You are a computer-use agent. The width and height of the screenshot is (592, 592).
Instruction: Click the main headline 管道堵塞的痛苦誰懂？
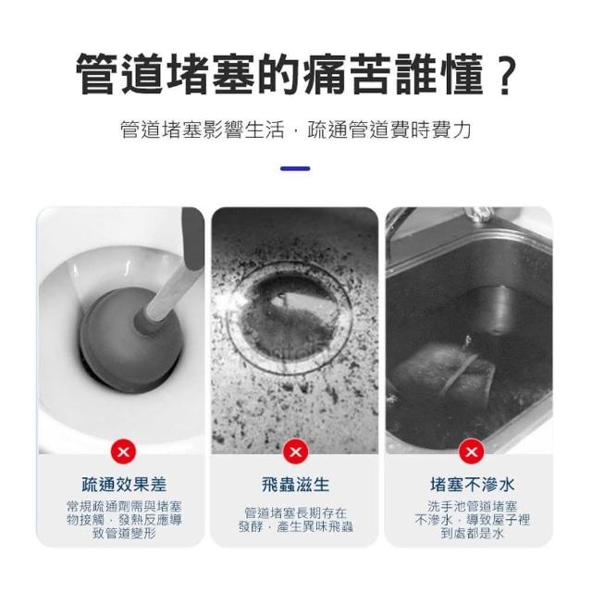click(x=297, y=74)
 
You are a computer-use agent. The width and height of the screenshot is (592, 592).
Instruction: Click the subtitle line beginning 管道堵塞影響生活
click(x=296, y=129)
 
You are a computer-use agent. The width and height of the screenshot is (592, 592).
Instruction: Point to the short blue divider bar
click(x=295, y=168)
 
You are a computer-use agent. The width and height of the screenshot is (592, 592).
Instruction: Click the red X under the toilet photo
click(x=123, y=451)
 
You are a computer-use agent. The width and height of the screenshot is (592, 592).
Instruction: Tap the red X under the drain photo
click(x=296, y=451)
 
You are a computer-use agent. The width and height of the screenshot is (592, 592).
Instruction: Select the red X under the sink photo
click(x=471, y=451)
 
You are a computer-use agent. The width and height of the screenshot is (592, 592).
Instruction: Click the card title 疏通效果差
click(x=124, y=485)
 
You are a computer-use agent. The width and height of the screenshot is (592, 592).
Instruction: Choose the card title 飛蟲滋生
click(x=296, y=485)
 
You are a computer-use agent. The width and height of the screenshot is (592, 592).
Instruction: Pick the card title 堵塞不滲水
click(x=472, y=485)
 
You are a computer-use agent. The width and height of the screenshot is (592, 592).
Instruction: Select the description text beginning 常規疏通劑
click(x=124, y=520)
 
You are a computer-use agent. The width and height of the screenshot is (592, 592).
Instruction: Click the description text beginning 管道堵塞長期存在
click(x=296, y=520)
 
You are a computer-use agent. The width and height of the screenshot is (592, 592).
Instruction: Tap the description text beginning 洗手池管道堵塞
click(x=472, y=520)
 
